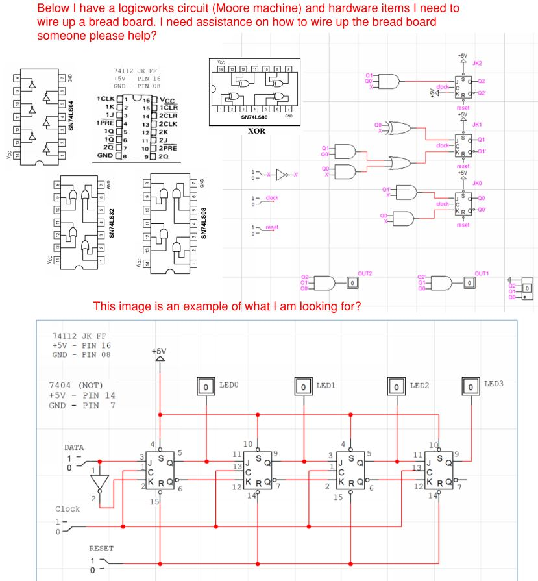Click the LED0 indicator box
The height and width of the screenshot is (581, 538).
tap(206, 387)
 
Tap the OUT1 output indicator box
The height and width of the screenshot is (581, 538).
tap(468, 283)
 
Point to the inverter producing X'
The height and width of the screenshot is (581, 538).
tap(280, 175)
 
